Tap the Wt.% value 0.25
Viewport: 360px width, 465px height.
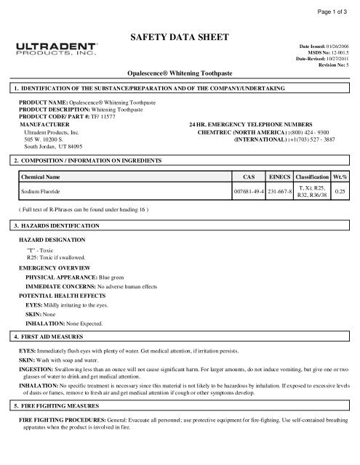tap(339, 192)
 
